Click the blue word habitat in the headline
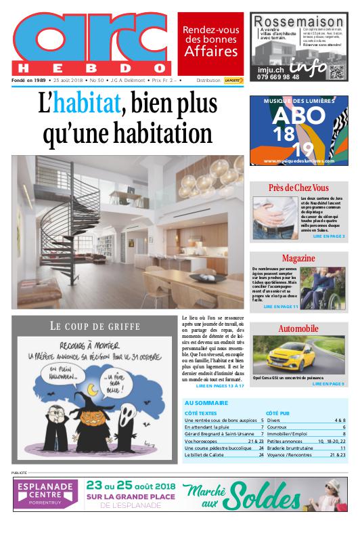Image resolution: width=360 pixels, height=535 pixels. point(86,104)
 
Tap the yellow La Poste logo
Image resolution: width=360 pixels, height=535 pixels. point(233,80)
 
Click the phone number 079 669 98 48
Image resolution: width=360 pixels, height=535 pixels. point(278,77)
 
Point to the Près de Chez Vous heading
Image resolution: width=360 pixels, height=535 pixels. point(298,188)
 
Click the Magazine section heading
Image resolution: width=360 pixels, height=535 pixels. point(298,259)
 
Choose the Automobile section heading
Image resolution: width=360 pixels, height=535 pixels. point(298,328)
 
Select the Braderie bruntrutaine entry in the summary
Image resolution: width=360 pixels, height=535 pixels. point(294,448)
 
